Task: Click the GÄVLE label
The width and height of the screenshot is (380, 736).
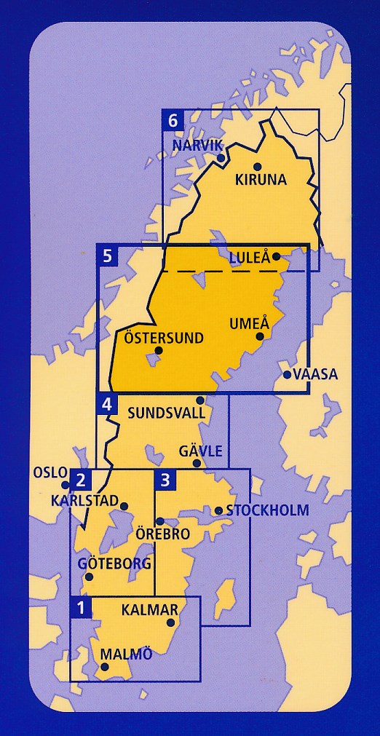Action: pyautogui.click(x=200, y=451)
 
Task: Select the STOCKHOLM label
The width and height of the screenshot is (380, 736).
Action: pyautogui.click(x=267, y=510)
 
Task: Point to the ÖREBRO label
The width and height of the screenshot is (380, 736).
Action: pyautogui.click(x=163, y=534)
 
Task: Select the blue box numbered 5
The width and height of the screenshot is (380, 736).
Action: pyautogui.click(x=107, y=255)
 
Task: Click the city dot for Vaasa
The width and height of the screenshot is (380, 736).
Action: pyautogui.click(x=287, y=375)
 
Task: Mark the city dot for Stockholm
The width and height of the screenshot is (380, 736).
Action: pyautogui.click(x=218, y=510)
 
